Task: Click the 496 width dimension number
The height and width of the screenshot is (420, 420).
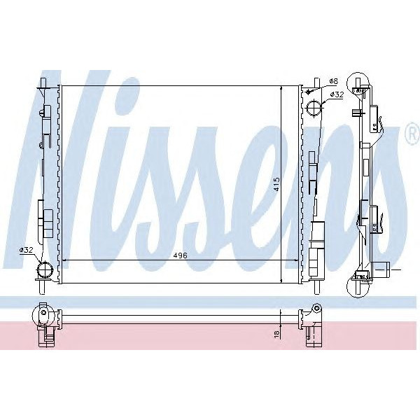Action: [x=181, y=255]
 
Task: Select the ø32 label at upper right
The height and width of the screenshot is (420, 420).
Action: [x=336, y=94]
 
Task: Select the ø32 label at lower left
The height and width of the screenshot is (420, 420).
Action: [x=27, y=250]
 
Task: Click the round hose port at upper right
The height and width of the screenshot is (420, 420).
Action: [x=316, y=108]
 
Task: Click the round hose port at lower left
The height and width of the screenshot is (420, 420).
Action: [x=46, y=270]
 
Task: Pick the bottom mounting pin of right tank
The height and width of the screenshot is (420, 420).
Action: [x=316, y=288]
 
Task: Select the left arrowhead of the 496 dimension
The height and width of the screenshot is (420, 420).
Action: [x=65, y=260]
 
